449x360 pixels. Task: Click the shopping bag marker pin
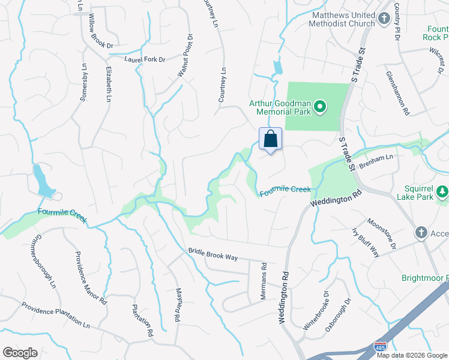[x=270, y=139]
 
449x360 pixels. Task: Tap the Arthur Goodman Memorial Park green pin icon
[x=320, y=107]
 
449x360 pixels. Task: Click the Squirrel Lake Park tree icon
[x=442, y=192]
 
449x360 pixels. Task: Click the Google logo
[x=20, y=353]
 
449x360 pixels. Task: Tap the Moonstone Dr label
[x=382, y=233]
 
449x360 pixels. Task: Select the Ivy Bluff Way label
[x=366, y=242]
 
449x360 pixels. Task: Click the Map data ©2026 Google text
[x=411, y=355]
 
